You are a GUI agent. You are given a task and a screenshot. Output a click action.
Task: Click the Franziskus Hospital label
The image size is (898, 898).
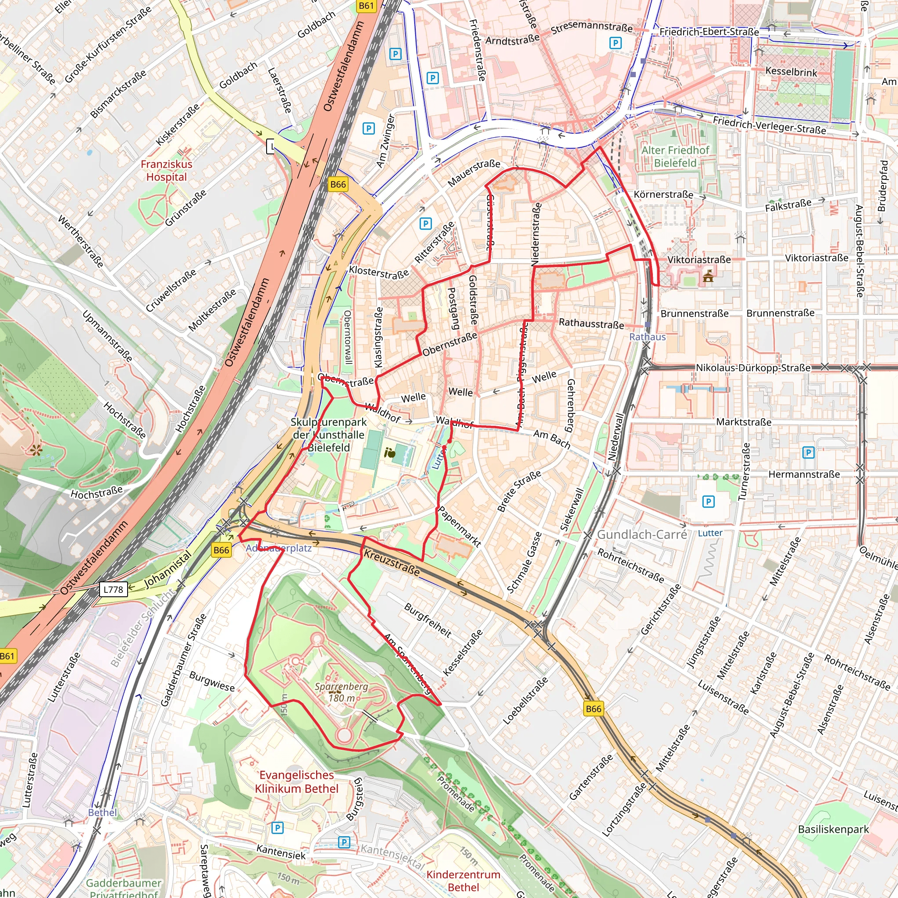click(166, 171)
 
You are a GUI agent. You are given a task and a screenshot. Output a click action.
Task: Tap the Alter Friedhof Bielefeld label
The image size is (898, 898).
click(675, 157)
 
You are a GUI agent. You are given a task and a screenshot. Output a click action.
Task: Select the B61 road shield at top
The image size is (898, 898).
click(366, 6)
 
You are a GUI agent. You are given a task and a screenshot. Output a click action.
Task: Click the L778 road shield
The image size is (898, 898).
click(113, 590)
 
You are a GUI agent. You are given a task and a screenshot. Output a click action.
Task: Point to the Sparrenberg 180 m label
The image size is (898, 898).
click(341, 692)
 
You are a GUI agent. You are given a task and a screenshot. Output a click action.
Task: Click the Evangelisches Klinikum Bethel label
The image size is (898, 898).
click(296, 782)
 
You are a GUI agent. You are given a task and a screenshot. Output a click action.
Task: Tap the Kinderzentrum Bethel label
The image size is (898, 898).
click(463, 881)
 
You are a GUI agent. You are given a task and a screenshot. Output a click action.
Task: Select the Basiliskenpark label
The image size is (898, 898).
click(834, 829)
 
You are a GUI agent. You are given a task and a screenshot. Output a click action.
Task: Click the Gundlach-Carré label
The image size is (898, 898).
click(641, 535)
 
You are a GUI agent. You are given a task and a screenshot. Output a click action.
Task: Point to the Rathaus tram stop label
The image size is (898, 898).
click(648, 337)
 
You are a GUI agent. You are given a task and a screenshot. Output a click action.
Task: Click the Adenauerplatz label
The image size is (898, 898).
click(278, 548)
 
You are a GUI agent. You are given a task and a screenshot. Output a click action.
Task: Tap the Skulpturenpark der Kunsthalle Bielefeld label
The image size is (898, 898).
click(328, 435)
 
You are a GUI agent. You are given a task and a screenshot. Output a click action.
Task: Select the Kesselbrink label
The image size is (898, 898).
click(791, 72)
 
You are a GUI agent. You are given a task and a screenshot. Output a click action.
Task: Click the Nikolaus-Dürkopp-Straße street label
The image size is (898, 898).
click(753, 367)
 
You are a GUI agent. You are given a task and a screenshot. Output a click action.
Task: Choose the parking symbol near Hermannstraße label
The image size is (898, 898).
click(808, 452)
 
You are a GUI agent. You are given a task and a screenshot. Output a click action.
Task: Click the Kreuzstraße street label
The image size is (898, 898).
click(392, 563)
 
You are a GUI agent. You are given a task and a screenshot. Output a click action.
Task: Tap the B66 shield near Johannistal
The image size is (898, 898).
click(221, 550)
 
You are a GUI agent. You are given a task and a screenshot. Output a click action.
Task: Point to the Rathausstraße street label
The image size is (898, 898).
click(591, 324)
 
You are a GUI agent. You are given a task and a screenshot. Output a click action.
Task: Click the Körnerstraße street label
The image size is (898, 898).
click(663, 195)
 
